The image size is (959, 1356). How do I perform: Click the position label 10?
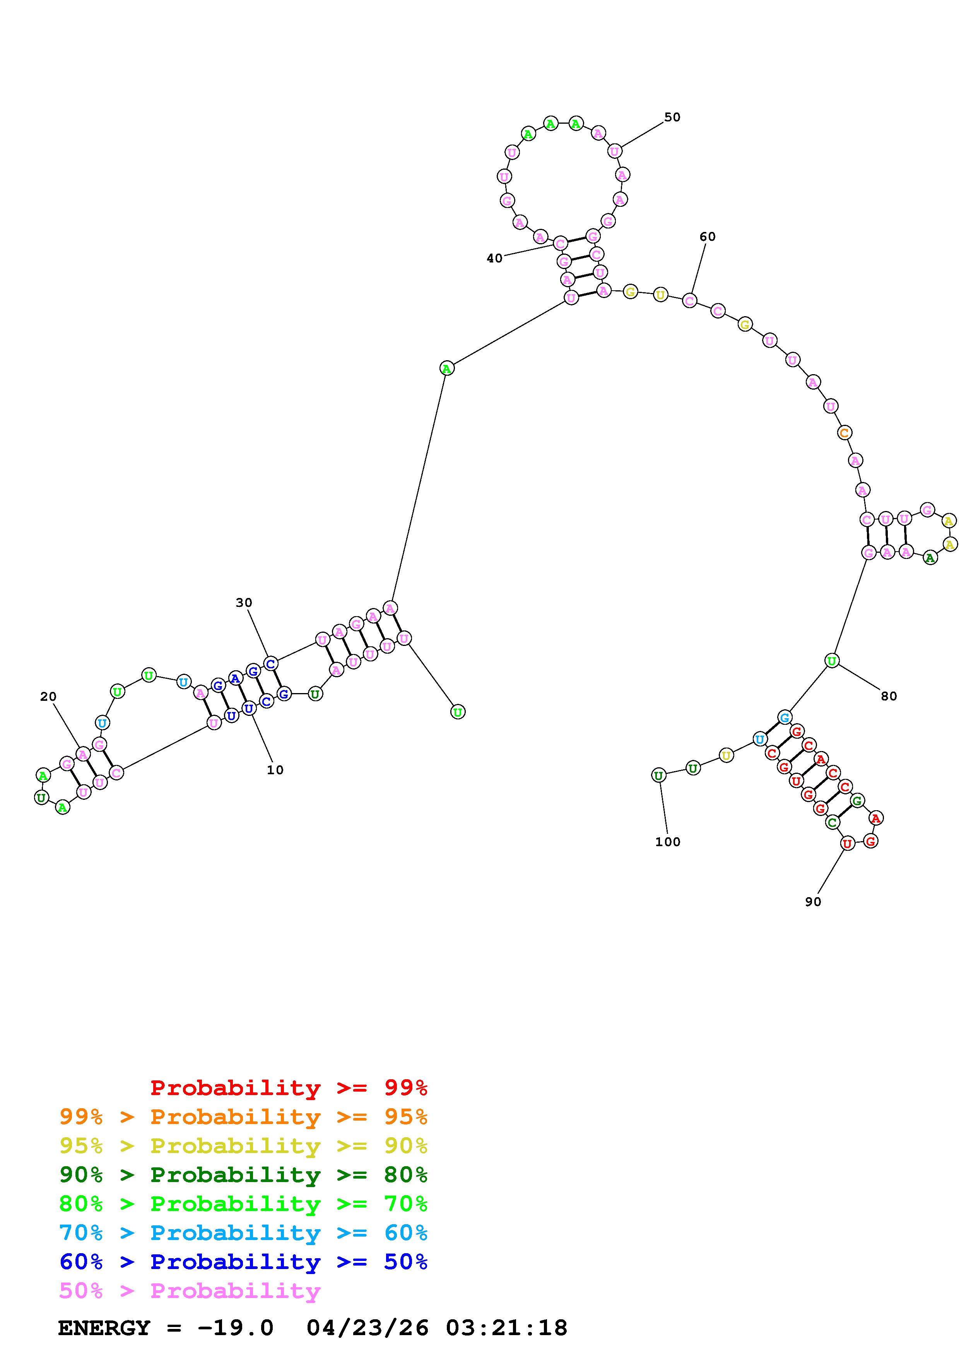[x=275, y=770]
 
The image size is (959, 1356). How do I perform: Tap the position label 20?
[x=48, y=697]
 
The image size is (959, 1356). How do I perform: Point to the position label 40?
[x=494, y=258]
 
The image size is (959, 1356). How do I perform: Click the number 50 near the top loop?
[x=672, y=118]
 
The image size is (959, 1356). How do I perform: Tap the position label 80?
[x=889, y=696]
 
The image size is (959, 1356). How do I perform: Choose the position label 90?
[x=813, y=902]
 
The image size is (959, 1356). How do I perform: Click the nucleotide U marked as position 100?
[x=658, y=775]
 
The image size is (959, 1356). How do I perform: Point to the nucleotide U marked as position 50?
[x=615, y=151]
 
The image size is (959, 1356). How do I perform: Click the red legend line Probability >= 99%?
[x=289, y=1088]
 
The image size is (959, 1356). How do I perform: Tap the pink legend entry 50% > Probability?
[x=190, y=1290]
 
